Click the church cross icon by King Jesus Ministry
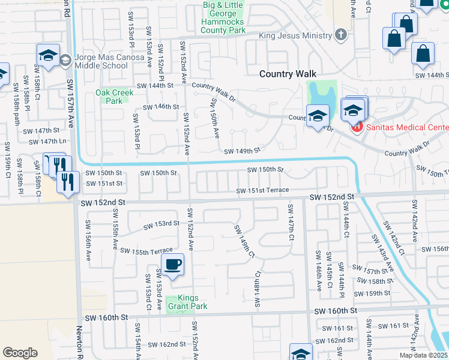click(341, 34)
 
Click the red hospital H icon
click(356, 127)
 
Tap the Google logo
click(20, 353)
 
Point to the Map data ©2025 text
click(423, 355)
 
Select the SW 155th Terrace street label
click(146, 251)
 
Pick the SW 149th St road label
click(242, 151)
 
